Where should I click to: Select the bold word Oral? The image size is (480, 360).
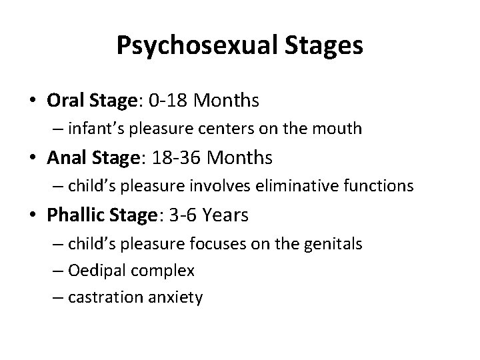pyautogui.click(x=63, y=101)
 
